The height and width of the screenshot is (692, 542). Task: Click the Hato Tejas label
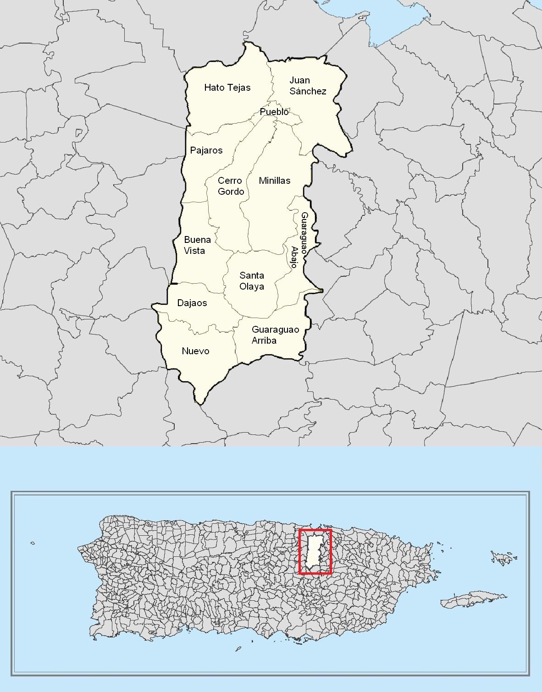227,88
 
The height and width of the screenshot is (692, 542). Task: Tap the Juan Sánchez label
308,86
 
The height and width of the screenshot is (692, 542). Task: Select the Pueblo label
274,112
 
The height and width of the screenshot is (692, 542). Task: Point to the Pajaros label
206,150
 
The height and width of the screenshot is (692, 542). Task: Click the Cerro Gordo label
231,186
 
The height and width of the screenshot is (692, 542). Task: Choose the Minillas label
274,181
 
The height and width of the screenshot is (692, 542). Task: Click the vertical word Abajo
294,257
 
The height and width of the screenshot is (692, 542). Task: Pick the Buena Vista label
197,245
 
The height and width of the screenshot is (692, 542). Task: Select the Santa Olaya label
252,281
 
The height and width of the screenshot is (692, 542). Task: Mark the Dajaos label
192,303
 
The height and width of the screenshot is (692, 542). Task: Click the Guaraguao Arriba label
275,335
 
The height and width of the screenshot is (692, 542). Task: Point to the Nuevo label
195,351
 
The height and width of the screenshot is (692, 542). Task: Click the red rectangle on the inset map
315,531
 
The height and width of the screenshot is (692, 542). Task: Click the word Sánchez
308,91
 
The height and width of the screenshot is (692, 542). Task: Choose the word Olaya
252,286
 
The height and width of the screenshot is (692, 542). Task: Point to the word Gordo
231,192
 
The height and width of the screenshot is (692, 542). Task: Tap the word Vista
194,251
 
